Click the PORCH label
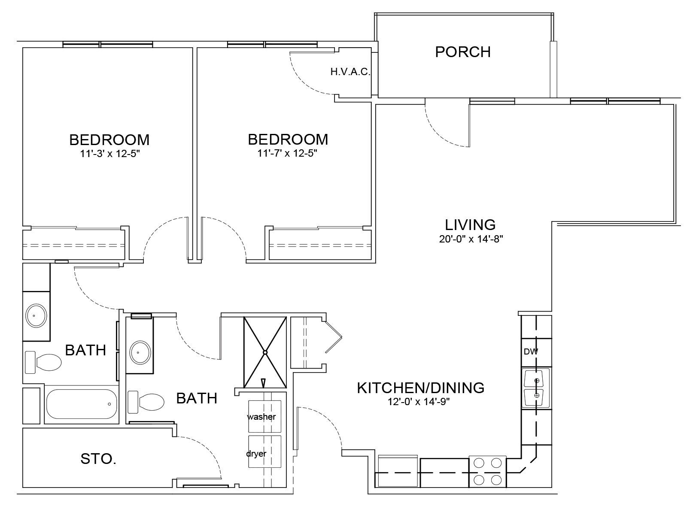point(462,52)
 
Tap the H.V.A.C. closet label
point(350,72)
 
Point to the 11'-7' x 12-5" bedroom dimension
point(288,154)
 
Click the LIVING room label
point(471,225)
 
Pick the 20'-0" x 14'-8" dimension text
point(471,239)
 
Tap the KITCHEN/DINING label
point(421,388)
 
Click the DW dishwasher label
point(531,352)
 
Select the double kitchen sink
point(536,388)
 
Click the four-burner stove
point(487,471)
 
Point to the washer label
point(261,417)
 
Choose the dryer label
point(256,454)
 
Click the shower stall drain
point(265,352)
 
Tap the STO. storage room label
point(98,459)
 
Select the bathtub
point(82,404)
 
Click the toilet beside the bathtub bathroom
point(43,362)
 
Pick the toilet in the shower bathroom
point(146,402)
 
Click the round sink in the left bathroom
point(36,315)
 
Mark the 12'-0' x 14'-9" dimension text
point(419,402)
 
